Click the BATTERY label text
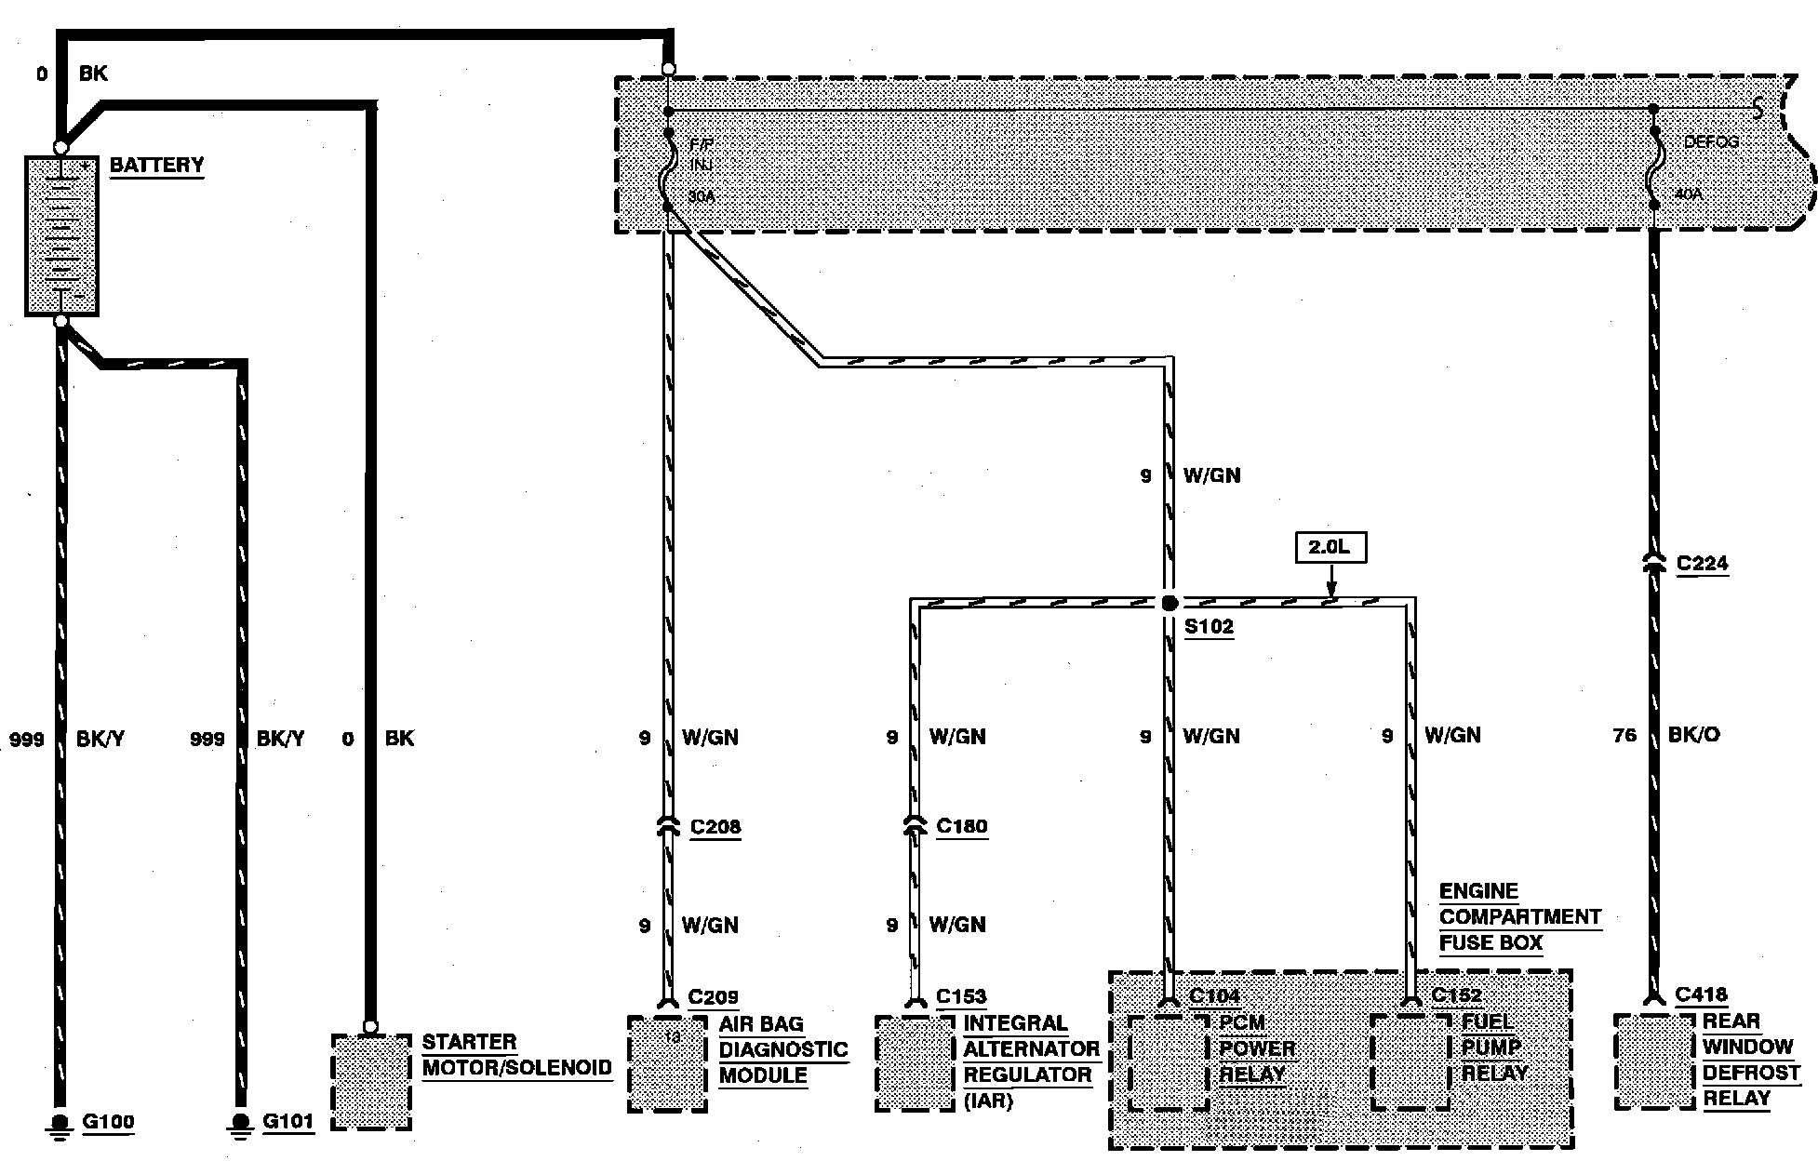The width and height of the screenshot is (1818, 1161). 156,166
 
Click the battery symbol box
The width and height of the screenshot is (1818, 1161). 61,235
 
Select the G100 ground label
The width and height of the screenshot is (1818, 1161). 108,1121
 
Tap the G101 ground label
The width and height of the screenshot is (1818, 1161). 287,1121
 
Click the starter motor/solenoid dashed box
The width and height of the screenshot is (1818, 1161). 371,1081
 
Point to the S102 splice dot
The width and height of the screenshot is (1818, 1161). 1170,603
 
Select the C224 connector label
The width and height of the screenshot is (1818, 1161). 1702,564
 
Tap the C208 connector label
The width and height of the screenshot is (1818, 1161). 715,827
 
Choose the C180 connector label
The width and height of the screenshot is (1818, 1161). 961,826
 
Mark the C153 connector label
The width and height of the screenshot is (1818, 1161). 960,997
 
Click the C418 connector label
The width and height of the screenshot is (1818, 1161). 1701,995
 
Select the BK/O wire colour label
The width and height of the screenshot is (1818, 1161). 1693,735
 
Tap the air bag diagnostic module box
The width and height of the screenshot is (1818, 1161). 667,1063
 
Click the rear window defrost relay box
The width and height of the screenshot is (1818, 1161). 1653,1061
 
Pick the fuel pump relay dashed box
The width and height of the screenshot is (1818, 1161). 1410,1061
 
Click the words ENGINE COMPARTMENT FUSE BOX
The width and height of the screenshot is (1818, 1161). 1518,917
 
